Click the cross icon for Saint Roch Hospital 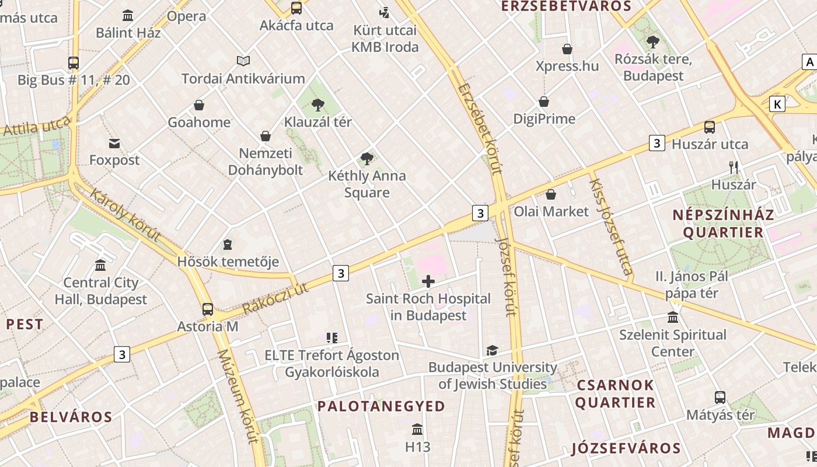pyautogui.click(x=428, y=282)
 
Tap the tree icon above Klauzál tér pyautogui.click(x=317, y=105)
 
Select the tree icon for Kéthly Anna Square pyautogui.click(x=366, y=158)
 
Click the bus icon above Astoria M pyautogui.click(x=208, y=309)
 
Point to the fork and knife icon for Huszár pyautogui.click(x=734, y=168)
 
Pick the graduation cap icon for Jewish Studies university pyautogui.click(x=492, y=350)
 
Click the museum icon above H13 pyautogui.click(x=417, y=430)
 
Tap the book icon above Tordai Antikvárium pyautogui.click(x=243, y=61)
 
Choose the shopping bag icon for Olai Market pyautogui.click(x=550, y=194)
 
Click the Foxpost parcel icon pyautogui.click(x=114, y=143)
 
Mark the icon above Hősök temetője pyautogui.click(x=228, y=245)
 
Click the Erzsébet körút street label pyautogui.click(x=480, y=129)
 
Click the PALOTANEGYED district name pyautogui.click(x=381, y=406)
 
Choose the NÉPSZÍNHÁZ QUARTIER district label pyautogui.click(x=723, y=224)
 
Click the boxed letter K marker pyautogui.click(x=777, y=104)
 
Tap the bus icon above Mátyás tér pyautogui.click(x=720, y=398)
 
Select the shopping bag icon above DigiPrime pyautogui.click(x=544, y=102)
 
